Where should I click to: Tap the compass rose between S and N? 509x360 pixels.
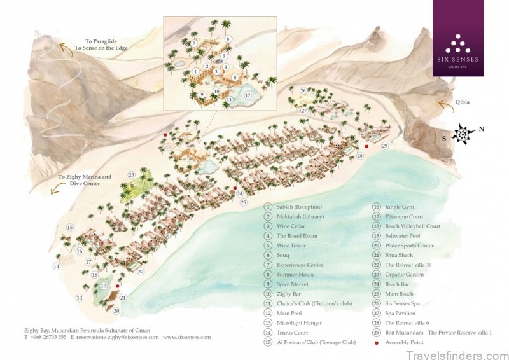pos(463,134)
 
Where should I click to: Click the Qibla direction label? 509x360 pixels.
pos(462,101)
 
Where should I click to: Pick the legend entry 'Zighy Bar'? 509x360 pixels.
pos(289,294)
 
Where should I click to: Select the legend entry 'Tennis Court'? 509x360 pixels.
pos(293,333)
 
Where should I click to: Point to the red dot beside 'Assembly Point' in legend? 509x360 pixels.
pos(377,343)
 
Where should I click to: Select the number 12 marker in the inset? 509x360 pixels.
pos(248,96)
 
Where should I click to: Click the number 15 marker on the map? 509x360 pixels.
pos(70,228)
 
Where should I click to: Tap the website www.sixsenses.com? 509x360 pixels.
pos(186,337)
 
